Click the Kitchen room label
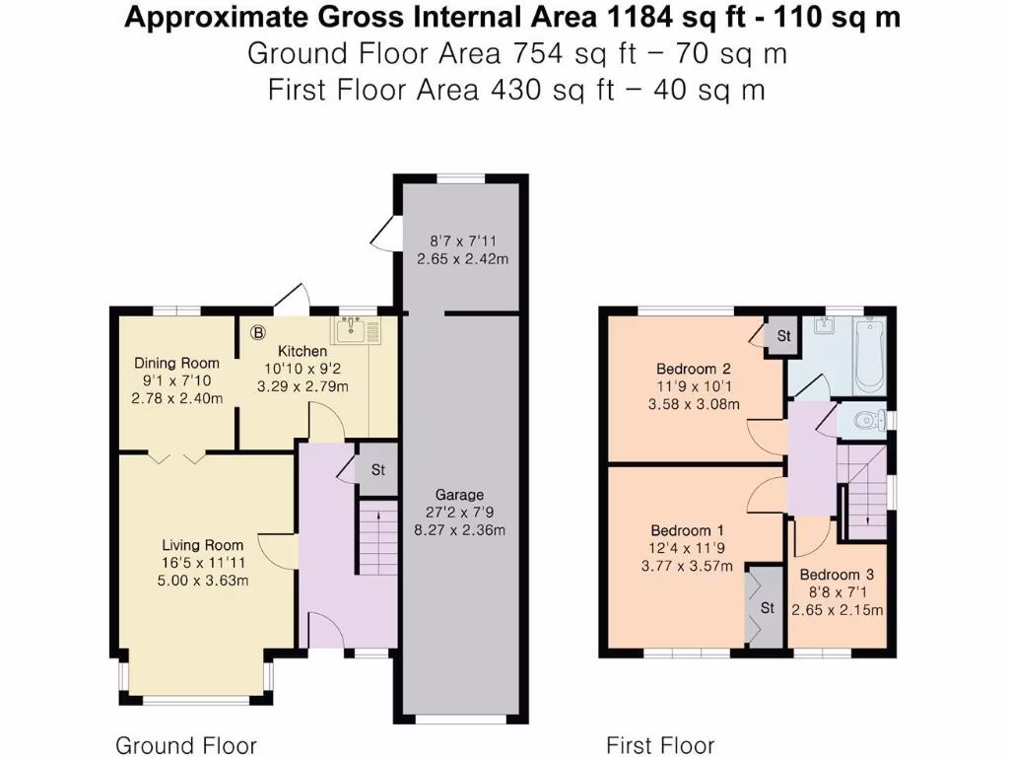(302, 351)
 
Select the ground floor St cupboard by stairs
(376, 470)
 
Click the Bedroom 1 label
(689, 530)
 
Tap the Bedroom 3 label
(837, 575)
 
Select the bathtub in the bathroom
(869, 354)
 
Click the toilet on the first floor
(864, 421)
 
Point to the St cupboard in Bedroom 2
(783, 336)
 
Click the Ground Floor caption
(186, 745)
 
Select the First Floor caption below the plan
(660, 745)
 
